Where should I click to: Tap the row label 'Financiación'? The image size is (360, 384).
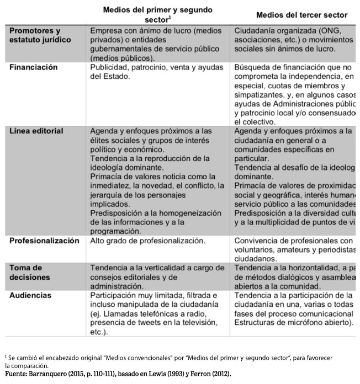pyautogui.click(x=34, y=67)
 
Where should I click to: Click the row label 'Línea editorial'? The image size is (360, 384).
pyautogui.click(x=36, y=131)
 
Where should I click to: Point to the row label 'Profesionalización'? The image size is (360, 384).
pyautogui.click(x=44, y=241)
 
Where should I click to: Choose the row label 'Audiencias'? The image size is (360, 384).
pyautogui.click(x=30, y=295)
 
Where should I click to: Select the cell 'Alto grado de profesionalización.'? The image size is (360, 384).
pyautogui.click(x=148, y=241)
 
